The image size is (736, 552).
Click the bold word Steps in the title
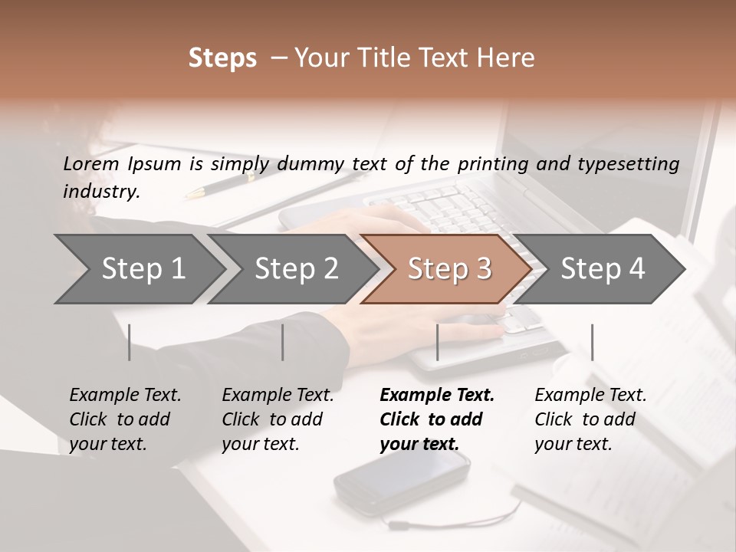click(222, 58)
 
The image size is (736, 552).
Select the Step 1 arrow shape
click(138, 269)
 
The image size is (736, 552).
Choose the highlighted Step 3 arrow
click(449, 269)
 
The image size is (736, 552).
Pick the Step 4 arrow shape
click(602, 269)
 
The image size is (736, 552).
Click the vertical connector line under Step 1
click(130, 342)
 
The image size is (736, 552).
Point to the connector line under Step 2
click(283, 342)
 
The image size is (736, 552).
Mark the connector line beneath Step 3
click(437, 342)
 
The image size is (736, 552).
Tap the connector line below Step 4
click(592, 342)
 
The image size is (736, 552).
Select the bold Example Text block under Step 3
click(437, 419)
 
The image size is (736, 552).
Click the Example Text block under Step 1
click(125, 419)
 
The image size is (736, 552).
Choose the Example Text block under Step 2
click(278, 419)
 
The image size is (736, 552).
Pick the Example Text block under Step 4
click(590, 419)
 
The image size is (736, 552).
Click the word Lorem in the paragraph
click(90, 163)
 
